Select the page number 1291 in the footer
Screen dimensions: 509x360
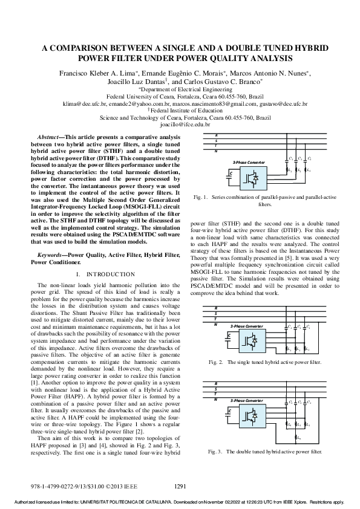[x=180, y=485]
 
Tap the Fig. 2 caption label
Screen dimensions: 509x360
[x=215, y=362]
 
